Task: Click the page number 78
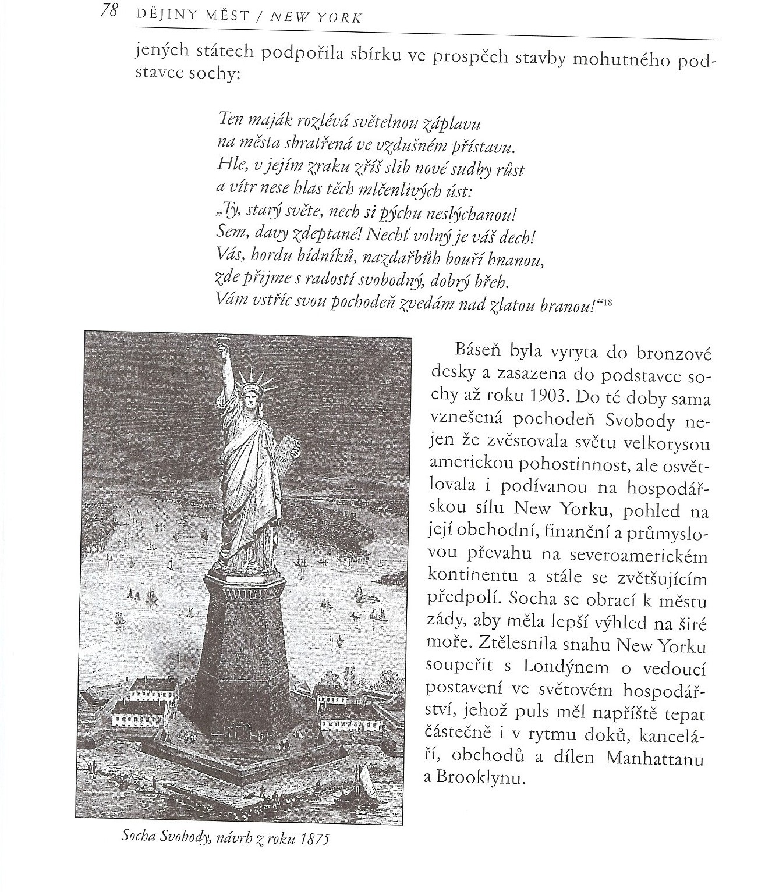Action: [x=109, y=12]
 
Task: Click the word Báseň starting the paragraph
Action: [x=477, y=352]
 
